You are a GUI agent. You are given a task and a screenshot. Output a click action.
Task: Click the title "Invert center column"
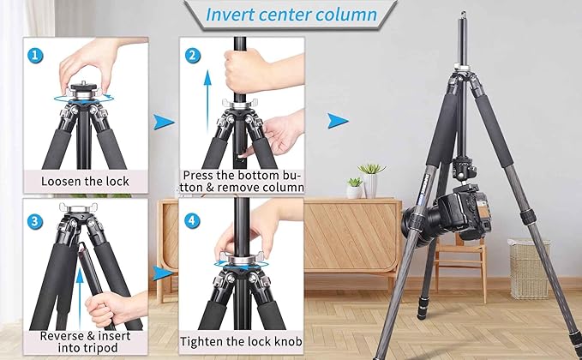pos(291,15)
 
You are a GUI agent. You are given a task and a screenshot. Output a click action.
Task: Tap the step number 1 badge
pos(34,54)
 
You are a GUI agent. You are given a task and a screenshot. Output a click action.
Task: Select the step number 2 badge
pos(194,54)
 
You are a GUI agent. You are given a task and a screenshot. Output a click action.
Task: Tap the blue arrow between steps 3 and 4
pos(160,273)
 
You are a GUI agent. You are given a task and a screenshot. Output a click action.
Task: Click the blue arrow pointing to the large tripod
pos(339,121)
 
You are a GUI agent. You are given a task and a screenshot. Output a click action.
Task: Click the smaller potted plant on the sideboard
pos(354,188)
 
